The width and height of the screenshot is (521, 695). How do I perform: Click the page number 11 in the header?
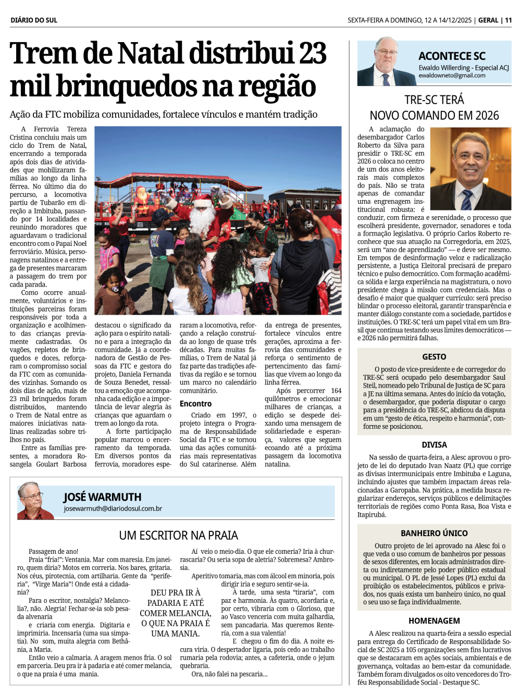pos(508,20)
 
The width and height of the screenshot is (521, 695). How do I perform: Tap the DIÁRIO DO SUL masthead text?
pos(34,20)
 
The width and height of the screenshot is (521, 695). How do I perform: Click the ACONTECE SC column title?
pos(452,56)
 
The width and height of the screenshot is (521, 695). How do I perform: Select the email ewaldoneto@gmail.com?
pos(452,76)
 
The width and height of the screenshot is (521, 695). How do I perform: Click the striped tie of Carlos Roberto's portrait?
pos(466,200)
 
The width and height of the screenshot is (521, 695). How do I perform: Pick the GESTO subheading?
pos(434,357)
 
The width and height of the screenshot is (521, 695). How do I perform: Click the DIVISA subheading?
pos(434,445)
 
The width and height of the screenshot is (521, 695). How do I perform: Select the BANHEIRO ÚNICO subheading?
pos(434,533)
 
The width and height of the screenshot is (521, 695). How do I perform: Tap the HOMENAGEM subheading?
pos(434,621)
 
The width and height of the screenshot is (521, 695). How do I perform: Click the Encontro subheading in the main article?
pos(195,404)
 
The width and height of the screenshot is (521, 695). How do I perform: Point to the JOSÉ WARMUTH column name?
pos(102,497)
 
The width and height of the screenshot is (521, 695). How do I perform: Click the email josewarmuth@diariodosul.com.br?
pos(113,508)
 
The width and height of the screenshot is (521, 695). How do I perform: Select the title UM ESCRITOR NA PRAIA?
pos(178,536)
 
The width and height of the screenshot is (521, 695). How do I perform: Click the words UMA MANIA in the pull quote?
pos(175,634)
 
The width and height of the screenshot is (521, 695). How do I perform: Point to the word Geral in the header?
pos(488,20)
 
